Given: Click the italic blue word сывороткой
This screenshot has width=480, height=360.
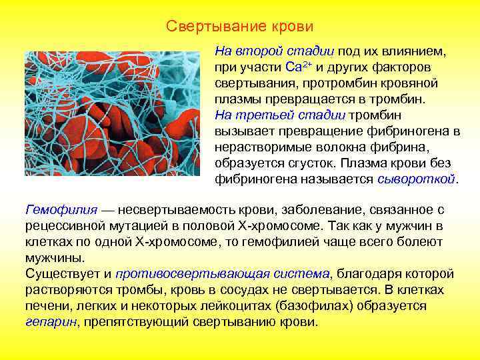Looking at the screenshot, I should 417,179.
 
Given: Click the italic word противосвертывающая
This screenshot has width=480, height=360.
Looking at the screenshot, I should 181,274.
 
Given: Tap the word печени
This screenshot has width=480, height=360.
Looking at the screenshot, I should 44,306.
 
